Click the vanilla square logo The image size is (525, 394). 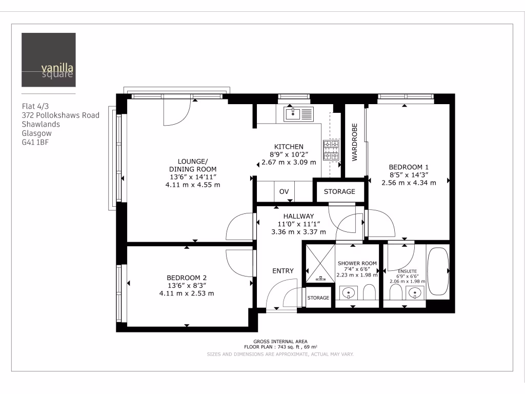tap(49, 60)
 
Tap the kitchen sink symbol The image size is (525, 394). tap(298, 113)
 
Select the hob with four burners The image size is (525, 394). tap(331, 150)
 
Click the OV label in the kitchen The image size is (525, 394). tap(284, 192)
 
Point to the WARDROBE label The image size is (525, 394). tap(354, 142)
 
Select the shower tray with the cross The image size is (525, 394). tap(319, 263)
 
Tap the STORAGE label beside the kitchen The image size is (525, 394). tap(339, 191)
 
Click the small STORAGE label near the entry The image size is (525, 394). tap(318, 298)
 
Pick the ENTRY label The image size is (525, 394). tap(283, 271)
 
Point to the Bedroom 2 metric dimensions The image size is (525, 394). tap(187, 293)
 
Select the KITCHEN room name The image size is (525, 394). tap(289, 146)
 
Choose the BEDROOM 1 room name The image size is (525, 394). tap(408, 167)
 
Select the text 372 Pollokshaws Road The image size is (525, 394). tap(60, 115)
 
